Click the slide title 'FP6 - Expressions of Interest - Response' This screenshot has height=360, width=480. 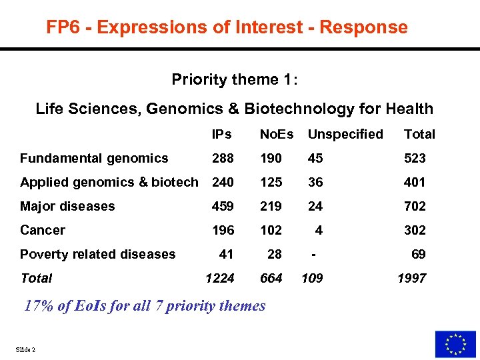click(x=227, y=27)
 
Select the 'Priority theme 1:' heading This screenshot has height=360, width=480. click(x=235, y=80)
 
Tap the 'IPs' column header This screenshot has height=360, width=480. click(x=221, y=134)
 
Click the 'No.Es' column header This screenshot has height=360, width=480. click(x=276, y=134)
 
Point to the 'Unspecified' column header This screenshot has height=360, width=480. click(x=345, y=134)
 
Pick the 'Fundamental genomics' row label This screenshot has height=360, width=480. click(x=94, y=158)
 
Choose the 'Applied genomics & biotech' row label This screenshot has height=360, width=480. click(x=109, y=182)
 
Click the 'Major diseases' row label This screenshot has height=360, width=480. click(x=67, y=206)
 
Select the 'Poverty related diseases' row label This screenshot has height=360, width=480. click(x=97, y=254)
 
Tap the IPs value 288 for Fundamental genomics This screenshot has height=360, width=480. click(x=223, y=158)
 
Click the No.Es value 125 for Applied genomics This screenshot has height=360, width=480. click(x=271, y=182)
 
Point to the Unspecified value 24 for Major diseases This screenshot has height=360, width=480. click(x=315, y=206)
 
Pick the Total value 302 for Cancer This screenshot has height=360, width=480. click(x=415, y=230)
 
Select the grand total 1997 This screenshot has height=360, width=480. click(x=411, y=278)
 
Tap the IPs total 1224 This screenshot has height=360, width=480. click(x=220, y=278)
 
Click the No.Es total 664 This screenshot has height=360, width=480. click(x=271, y=278)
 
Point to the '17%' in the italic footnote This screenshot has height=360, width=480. click(x=38, y=306)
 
